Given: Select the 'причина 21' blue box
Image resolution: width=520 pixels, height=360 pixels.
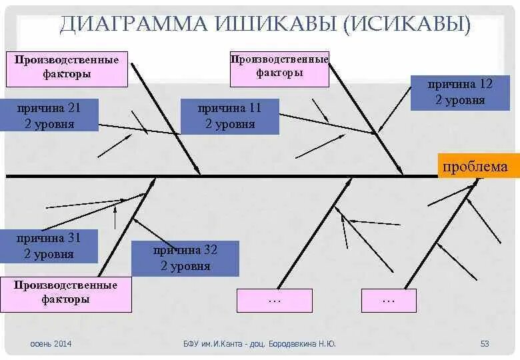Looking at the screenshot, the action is click(x=51, y=115).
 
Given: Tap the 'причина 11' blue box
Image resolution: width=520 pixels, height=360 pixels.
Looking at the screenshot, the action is click(x=229, y=117).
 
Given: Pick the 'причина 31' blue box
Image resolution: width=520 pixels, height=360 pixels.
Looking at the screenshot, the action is click(x=49, y=246).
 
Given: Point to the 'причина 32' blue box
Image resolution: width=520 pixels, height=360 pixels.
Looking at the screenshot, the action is click(x=185, y=259).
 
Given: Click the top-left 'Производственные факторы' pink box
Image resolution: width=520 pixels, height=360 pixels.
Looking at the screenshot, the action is click(x=67, y=67).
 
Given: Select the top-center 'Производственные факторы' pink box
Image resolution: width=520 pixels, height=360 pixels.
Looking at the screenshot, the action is click(x=279, y=67).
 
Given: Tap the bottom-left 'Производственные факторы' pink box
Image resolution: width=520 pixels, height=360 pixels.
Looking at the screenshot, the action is click(x=65, y=293).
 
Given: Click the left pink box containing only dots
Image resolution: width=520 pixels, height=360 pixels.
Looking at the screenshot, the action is click(x=274, y=300).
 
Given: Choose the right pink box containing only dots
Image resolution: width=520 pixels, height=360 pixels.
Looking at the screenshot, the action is click(x=389, y=301).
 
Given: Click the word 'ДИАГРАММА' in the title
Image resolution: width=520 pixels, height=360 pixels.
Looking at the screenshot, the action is click(x=133, y=25).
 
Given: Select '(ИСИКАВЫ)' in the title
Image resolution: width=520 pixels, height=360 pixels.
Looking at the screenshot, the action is click(x=407, y=25).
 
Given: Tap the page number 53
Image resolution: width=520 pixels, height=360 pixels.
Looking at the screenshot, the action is click(x=485, y=344).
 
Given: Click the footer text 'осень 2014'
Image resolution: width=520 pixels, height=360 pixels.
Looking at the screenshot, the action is click(x=51, y=344).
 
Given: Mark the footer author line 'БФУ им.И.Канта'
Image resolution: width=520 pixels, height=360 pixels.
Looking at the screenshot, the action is click(x=215, y=344).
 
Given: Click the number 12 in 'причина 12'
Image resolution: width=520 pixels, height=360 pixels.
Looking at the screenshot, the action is click(x=485, y=85).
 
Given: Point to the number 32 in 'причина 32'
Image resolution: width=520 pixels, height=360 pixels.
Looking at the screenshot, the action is click(x=211, y=251).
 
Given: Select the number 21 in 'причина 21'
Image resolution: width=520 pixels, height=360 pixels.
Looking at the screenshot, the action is click(x=74, y=108).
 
